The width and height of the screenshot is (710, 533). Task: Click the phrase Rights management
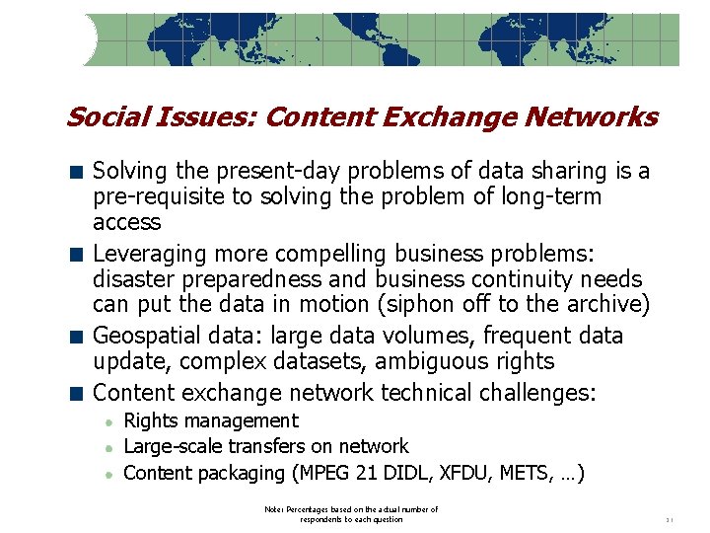click(210, 421)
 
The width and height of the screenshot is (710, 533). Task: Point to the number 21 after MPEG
click(372, 473)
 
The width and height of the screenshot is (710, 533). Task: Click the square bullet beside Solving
click(75, 173)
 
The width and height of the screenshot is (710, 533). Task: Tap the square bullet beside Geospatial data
click(75, 337)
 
